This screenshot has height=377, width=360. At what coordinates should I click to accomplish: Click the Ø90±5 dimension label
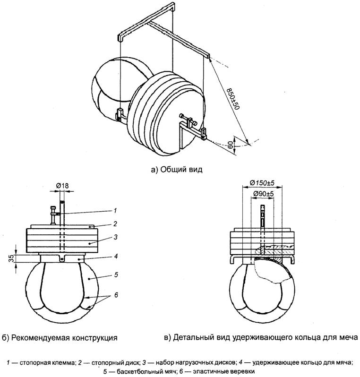pos(263,194)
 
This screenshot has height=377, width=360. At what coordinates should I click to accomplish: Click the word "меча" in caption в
pos(347,337)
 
